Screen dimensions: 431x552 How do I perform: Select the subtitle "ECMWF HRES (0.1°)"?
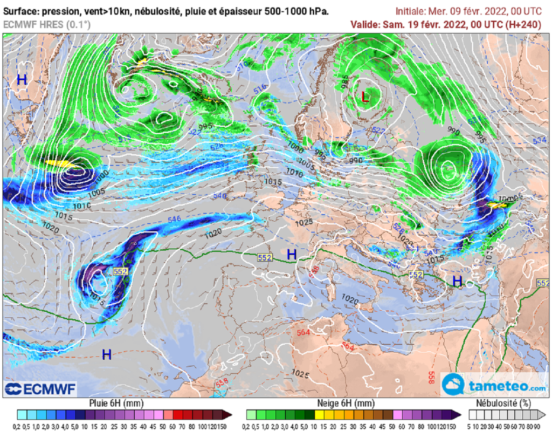[x=47, y=24]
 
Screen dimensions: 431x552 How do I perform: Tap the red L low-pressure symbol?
[x=365, y=97]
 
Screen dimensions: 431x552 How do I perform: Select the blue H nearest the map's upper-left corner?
[x=22, y=80]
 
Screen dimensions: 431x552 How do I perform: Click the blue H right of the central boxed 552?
[x=292, y=254]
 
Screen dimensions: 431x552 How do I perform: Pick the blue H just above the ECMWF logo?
[x=107, y=354]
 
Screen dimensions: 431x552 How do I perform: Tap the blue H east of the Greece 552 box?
[x=457, y=281]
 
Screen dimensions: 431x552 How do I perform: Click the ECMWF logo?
[x=41, y=388]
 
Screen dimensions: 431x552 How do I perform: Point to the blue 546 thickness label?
[x=174, y=220]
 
